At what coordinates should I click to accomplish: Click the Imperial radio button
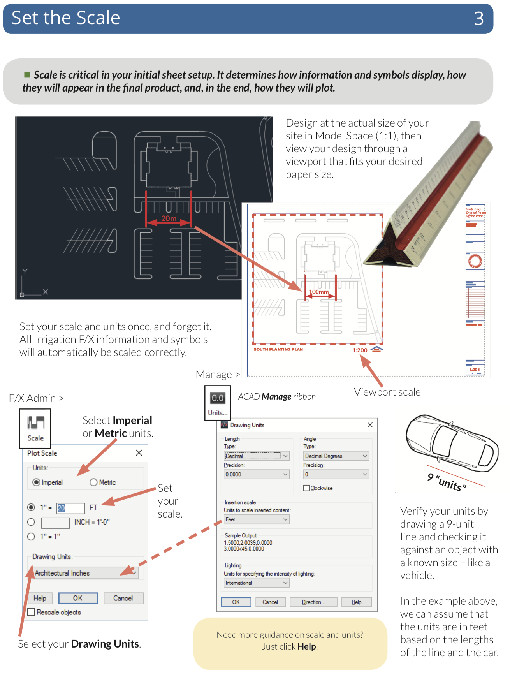(x=37, y=482)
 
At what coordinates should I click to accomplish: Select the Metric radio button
(x=94, y=482)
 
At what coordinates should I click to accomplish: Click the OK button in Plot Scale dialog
(x=78, y=598)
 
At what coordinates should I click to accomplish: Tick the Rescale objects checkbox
(x=32, y=612)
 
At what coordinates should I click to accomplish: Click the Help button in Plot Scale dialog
(x=40, y=598)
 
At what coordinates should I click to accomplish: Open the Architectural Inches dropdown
(x=86, y=573)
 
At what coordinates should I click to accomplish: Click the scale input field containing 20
(x=70, y=508)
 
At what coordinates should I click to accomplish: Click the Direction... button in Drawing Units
(x=313, y=602)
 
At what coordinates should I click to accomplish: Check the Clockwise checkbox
(x=306, y=488)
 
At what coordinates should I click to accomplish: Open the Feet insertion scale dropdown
(x=257, y=519)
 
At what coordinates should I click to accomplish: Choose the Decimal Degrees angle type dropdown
(x=336, y=456)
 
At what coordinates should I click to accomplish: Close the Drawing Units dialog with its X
(x=370, y=425)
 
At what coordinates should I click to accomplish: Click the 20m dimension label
(x=169, y=218)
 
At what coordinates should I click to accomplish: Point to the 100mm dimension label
(x=318, y=292)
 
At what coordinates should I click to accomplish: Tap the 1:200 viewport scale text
(x=360, y=350)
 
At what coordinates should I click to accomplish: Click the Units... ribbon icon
(x=218, y=403)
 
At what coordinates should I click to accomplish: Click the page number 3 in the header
(x=479, y=18)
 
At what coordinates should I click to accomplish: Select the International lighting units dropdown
(x=257, y=583)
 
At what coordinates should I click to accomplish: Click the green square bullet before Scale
(x=27, y=74)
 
